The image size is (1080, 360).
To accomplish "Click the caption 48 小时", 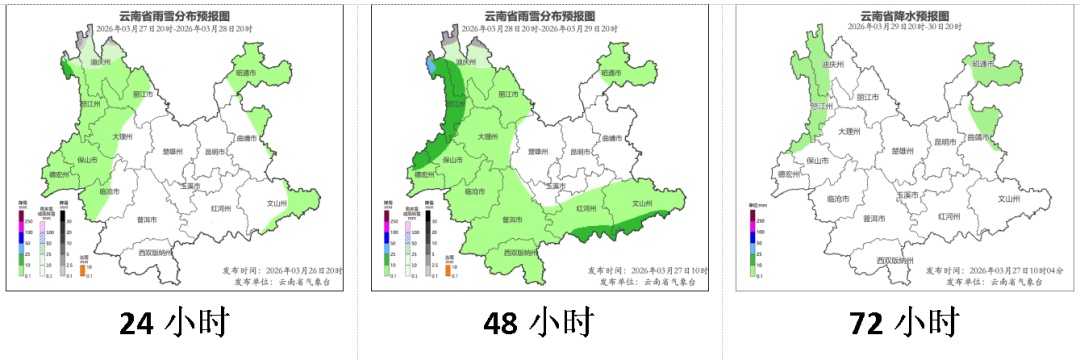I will tap(538, 323).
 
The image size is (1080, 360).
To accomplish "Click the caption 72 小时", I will tap(903, 323).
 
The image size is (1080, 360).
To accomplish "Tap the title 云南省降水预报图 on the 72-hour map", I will tap(904, 16).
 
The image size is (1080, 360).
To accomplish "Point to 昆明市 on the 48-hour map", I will tap(579, 152).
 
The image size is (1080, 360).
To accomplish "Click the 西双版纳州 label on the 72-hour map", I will tap(893, 260).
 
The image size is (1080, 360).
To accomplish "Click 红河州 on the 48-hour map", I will tap(586, 209).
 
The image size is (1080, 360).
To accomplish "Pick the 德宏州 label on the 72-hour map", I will tap(790, 174).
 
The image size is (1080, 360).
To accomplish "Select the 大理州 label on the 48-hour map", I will tap(487, 137).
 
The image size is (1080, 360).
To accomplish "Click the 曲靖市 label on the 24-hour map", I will tap(250, 138).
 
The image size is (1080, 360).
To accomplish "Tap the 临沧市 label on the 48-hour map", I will tap(475, 191).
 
